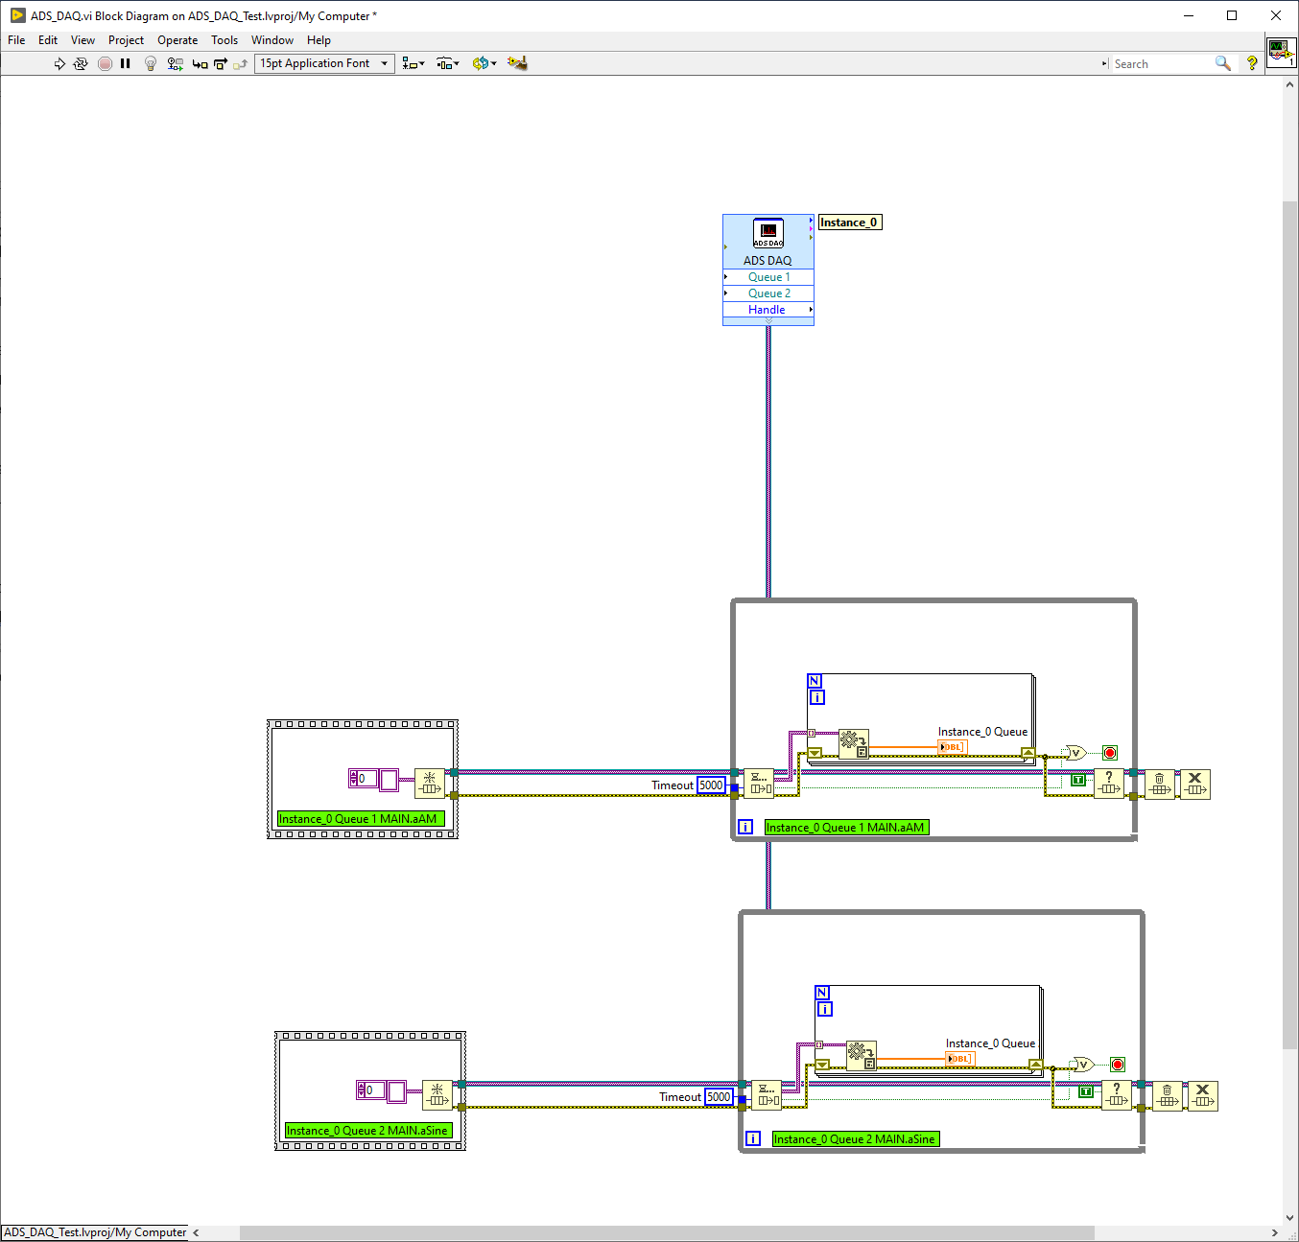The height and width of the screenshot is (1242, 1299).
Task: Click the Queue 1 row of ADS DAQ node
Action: pos(768,277)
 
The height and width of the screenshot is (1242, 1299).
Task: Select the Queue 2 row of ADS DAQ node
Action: pos(768,293)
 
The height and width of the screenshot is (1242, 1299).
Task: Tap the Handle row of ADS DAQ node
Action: pos(768,310)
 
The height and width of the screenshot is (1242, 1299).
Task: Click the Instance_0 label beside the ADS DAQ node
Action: pos(850,223)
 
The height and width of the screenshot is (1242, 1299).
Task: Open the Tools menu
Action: pos(224,40)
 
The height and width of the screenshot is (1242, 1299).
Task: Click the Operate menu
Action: pos(177,40)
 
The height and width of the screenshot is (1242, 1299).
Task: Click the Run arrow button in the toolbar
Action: pos(59,63)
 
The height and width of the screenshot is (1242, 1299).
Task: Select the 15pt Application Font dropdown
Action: pos(323,63)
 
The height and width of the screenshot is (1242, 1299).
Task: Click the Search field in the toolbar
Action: pos(1162,64)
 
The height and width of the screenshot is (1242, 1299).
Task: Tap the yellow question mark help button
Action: pos(1252,63)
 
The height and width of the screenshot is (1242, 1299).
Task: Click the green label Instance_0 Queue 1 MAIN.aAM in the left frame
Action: pos(361,819)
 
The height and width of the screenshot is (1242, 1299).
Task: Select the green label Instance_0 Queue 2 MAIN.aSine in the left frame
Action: pos(368,1131)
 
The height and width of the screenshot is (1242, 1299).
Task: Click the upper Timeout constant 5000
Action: pos(711,785)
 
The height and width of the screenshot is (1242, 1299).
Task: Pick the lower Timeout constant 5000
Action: pos(719,1097)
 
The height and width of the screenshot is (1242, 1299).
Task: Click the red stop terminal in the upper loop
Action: pos(1110,754)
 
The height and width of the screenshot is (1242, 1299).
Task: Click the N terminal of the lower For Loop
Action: pos(822,993)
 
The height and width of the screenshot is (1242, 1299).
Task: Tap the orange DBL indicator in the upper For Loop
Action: pos(953,747)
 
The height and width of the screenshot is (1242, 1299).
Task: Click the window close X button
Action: pos(1276,15)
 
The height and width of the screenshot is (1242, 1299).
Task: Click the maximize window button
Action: pos(1232,15)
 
